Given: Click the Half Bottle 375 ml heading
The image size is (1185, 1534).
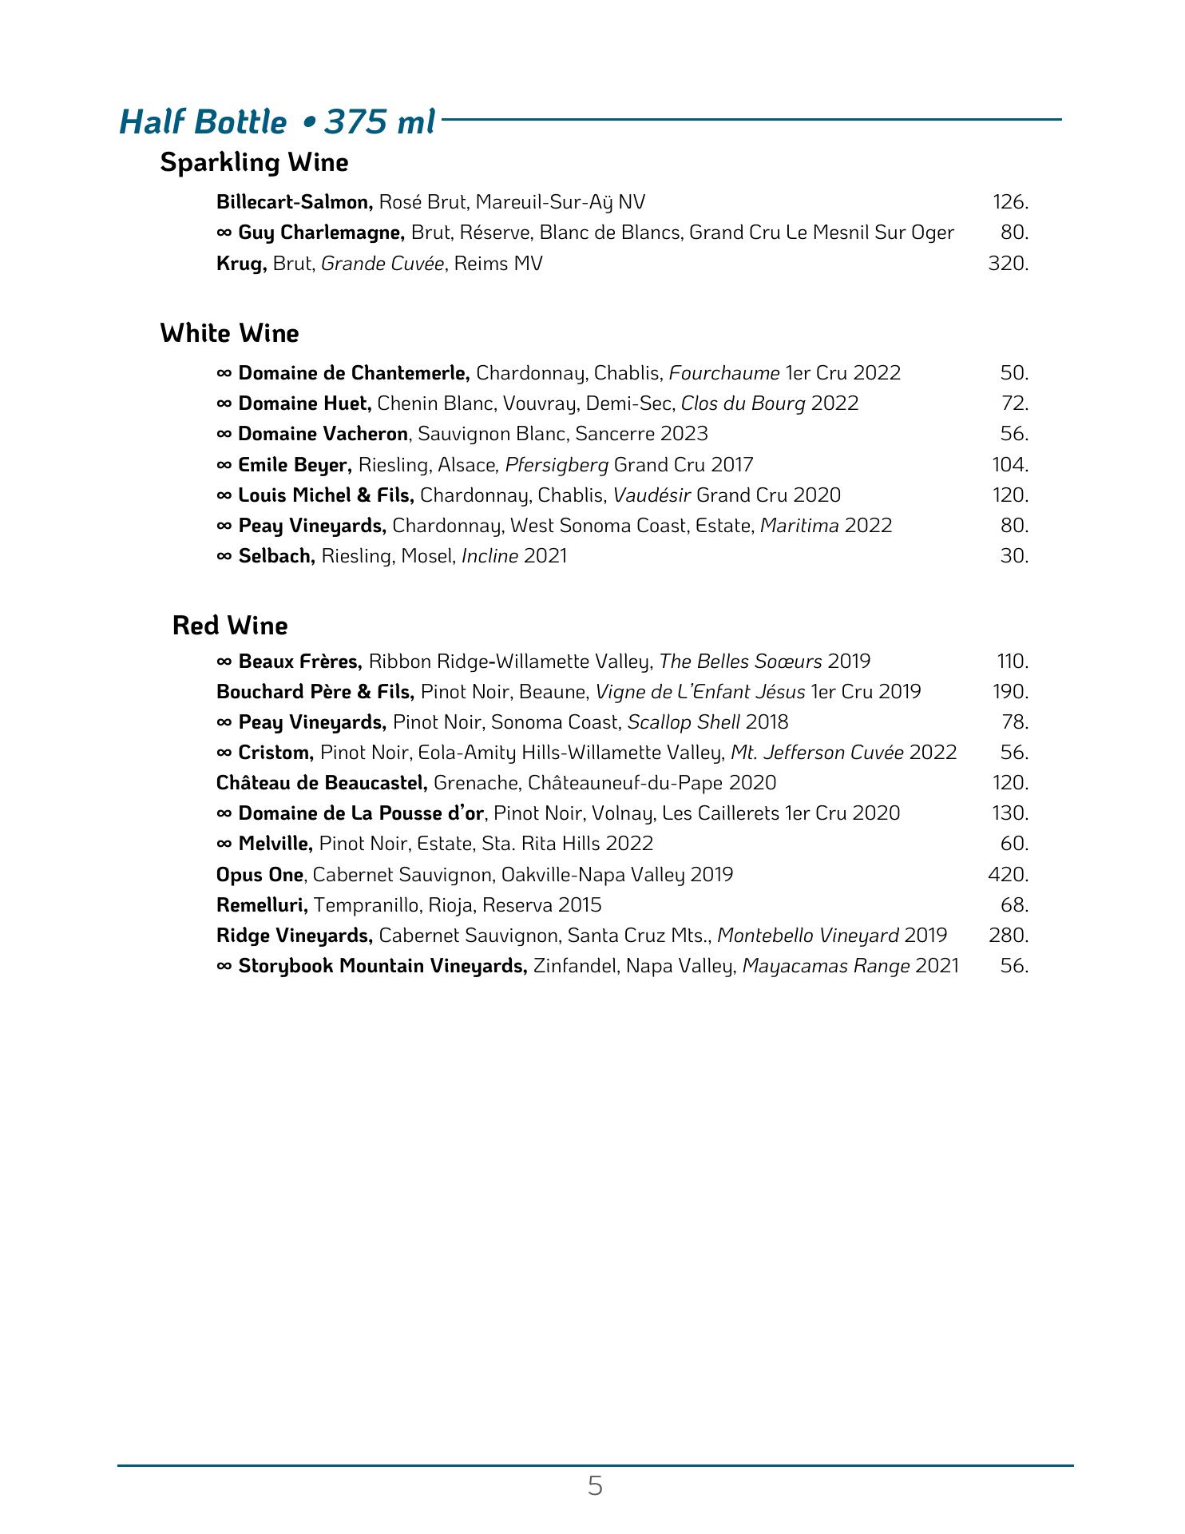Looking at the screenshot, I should (x=277, y=122).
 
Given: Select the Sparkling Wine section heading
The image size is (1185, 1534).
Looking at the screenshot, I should (x=254, y=163).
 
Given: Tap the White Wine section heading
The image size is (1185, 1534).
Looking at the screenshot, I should (x=229, y=333).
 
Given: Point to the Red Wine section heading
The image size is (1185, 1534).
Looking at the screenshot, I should (x=230, y=626).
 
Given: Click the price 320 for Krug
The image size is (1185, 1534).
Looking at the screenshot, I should (x=1008, y=264).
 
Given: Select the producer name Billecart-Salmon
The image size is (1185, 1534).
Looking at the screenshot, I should (x=294, y=202).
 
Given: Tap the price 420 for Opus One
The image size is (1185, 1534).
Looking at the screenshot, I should (x=1008, y=875).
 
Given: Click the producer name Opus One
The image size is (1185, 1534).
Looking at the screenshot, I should (x=260, y=875).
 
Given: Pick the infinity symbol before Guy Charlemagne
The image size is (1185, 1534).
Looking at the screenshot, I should (x=224, y=233).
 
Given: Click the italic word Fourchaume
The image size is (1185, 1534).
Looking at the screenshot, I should (x=723, y=373).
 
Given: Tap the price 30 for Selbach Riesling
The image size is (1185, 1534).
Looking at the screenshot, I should (x=1014, y=556).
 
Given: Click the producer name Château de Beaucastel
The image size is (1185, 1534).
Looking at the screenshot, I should (x=322, y=783).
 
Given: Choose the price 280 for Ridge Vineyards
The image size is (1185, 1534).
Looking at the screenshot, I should (x=1008, y=936).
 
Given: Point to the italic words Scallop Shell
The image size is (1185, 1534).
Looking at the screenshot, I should (x=684, y=722).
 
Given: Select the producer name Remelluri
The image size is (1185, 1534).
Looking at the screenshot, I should (x=262, y=905).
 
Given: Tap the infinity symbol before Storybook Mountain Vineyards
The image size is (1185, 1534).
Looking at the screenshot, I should (x=224, y=967).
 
